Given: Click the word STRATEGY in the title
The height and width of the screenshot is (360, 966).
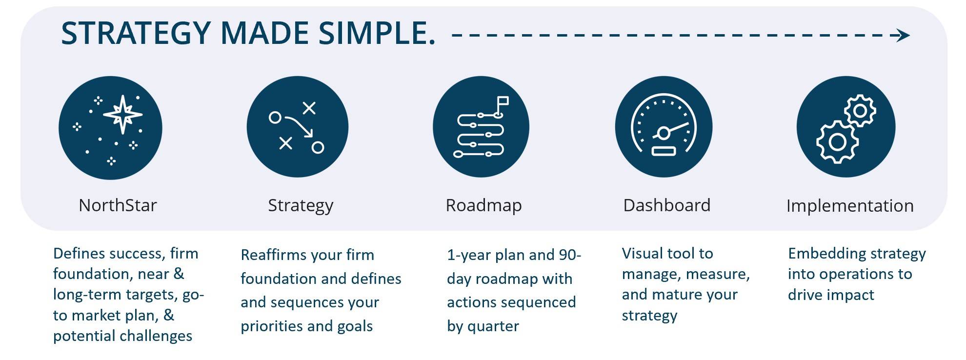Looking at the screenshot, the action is [x=136, y=34].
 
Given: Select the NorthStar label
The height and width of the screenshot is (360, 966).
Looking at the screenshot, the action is [x=118, y=205].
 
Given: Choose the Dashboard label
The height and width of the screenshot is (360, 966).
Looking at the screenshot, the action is [x=666, y=205].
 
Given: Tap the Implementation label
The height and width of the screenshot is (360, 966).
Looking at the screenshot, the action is [x=850, y=206].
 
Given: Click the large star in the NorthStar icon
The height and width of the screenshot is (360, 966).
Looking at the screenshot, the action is [x=122, y=115].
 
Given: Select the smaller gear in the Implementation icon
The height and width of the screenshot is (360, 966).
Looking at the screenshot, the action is [x=860, y=111].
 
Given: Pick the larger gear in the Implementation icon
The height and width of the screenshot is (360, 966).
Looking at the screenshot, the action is [x=837, y=142].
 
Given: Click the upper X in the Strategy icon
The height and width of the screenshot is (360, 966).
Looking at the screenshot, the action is [x=309, y=108].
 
